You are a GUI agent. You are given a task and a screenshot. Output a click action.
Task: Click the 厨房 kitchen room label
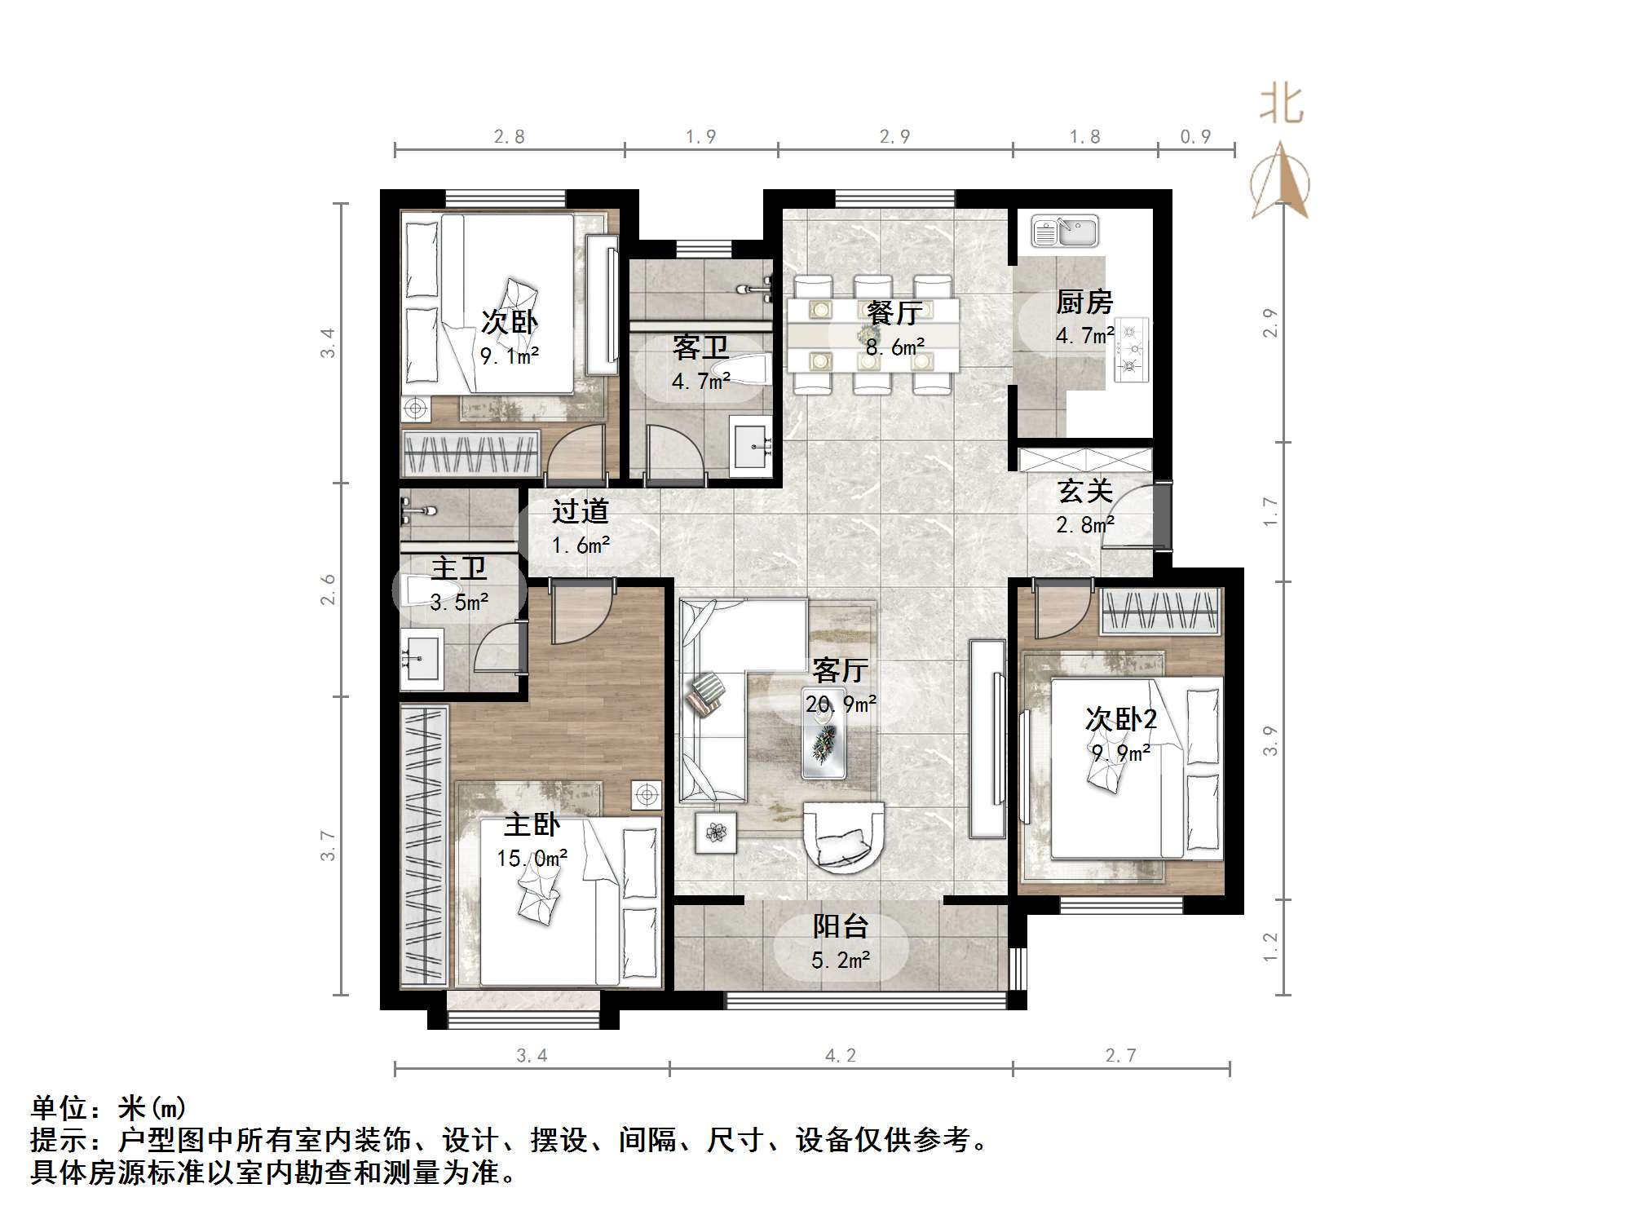[x=1084, y=303]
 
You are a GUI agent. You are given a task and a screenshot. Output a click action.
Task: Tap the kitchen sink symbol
[x=1065, y=232]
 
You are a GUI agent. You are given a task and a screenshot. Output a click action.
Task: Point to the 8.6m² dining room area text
[x=895, y=347]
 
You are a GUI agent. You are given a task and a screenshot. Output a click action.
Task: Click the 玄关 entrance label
[x=1084, y=491]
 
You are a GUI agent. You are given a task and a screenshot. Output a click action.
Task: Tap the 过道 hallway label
[x=581, y=511]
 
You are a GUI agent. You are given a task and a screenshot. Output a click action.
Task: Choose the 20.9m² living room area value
[x=841, y=704]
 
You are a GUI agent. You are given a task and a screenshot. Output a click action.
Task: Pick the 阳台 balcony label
[x=841, y=926]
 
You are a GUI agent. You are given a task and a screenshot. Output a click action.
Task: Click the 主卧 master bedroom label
[x=532, y=824]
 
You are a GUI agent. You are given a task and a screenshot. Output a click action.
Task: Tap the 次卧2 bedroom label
[x=1120, y=719]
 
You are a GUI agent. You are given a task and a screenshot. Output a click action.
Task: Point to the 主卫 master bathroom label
[x=458, y=568]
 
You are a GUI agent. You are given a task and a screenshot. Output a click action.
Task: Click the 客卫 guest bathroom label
[x=700, y=348]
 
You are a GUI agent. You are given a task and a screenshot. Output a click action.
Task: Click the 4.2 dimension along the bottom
[x=841, y=1056]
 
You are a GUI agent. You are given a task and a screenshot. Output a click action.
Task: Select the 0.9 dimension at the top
[x=1195, y=137]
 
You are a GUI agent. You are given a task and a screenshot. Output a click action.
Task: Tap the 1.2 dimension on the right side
[x=1270, y=947]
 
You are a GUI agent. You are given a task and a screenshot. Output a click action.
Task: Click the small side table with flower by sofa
[x=717, y=833]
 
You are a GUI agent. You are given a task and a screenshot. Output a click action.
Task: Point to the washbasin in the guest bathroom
[x=750, y=445]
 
